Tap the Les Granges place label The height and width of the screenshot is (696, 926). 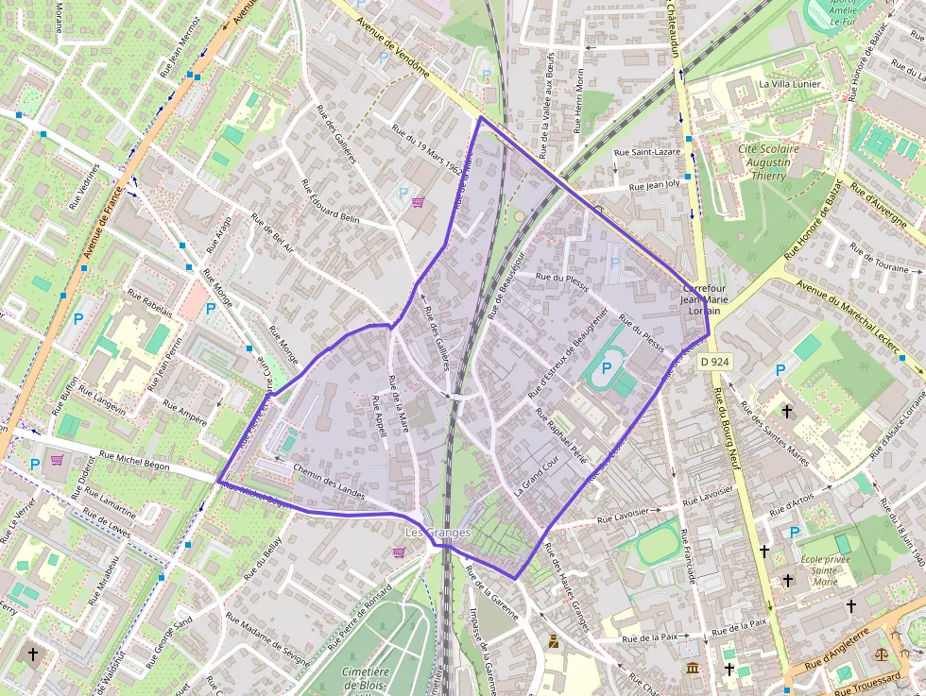point(437,533)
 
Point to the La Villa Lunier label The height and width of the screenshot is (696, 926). point(790,84)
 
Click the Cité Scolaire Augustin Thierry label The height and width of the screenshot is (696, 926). point(768,162)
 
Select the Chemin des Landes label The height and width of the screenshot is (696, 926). point(329,481)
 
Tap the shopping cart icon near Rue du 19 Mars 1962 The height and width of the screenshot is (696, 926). point(418,202)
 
